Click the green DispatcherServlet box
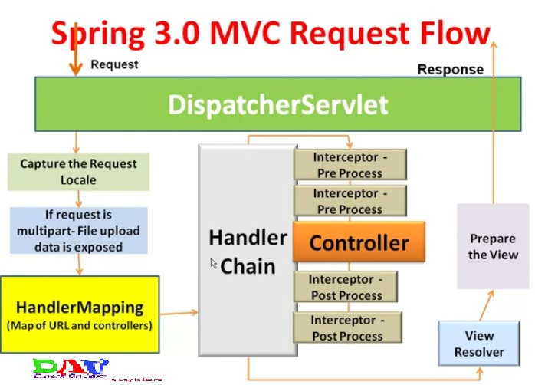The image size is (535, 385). coord(277,104)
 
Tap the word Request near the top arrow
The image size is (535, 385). coord(114,64)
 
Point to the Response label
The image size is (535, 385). coord(450,70)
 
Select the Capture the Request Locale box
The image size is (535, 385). coord(79,172)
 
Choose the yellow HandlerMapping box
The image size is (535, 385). coord(80,314)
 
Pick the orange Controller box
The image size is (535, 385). coord(359,244)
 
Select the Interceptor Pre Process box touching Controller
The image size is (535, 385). coord(350,201)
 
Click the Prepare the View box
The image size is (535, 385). coord(493,247)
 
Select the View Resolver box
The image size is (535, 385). coord(479,344)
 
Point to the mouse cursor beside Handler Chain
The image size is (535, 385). coord(215,263)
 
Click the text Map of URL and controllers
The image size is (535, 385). coord(80,326)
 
